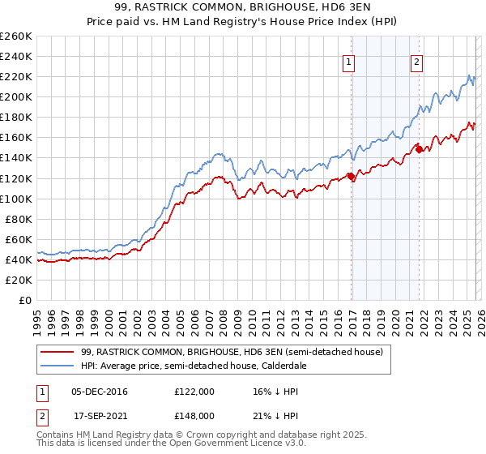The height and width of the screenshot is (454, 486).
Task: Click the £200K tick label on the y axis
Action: (15, 96)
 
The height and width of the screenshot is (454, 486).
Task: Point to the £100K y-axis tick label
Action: (15, 199)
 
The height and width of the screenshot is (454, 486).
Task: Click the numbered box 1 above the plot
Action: (349, 62)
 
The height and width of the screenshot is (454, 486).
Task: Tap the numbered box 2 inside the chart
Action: (416, 62)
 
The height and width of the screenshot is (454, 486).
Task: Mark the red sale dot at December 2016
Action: (351, 176)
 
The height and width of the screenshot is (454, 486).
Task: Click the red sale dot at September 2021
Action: (419, 149)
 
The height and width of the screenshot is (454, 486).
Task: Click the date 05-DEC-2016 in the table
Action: (100, 392)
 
